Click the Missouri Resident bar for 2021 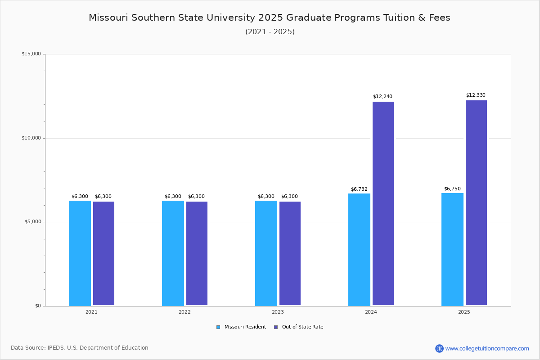tap(80, 253)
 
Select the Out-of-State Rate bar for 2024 tap(383, 203)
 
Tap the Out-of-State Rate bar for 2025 tap(476, 202)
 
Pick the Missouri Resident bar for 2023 tap(266, 253)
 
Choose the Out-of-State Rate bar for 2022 tap(197, 253)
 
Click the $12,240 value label tap(382, 96)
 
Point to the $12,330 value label tap(476, 95)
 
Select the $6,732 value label tap(359, 189)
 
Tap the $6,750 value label tap(452, 189)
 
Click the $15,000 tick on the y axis tap(31, 54)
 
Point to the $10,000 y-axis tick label tap(31, 138)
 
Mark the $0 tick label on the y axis tap(37, 306)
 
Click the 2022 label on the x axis tap(184, 312)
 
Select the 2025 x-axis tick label tap(464, 312)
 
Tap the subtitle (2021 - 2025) tap(270, 31)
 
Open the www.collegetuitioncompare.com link tap(487, 348)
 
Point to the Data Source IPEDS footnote tap(80, 348)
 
